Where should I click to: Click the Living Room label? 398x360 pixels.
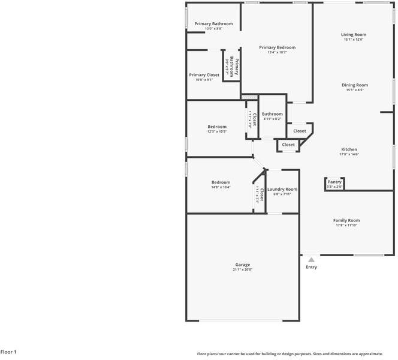point(354,35)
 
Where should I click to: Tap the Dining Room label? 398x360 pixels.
point(354,85)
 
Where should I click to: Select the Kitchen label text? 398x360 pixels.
point(349,149)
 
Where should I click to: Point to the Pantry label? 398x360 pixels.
point(334,182)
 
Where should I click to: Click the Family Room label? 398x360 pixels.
point(346,220)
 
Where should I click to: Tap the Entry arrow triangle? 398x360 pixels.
point(311,260)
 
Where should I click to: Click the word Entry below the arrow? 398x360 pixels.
point(311,267)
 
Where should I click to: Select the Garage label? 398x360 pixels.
point(242,265)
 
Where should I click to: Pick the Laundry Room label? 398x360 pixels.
point(282,189)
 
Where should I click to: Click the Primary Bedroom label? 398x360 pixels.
point(277,47)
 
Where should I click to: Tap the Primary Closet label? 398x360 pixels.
point(204,75)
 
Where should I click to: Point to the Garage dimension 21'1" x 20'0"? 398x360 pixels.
point(242,270)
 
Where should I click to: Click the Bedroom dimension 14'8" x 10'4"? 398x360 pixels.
point(221,187)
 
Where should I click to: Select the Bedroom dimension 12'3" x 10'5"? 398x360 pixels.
point(217,131)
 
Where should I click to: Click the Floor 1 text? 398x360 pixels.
point(8,352)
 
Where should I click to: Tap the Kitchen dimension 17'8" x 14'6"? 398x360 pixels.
point(349,154)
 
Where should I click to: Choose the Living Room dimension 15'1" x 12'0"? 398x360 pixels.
point(354,40)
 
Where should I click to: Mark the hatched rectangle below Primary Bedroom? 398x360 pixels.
point(249,96)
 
